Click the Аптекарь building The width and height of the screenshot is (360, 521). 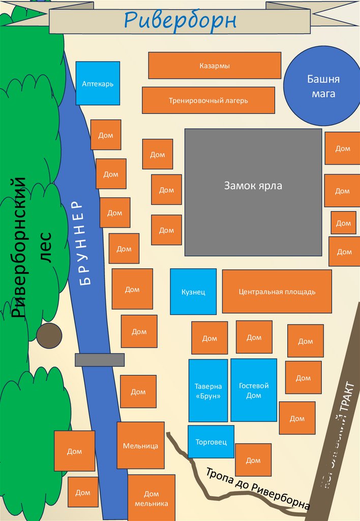coord(98,83)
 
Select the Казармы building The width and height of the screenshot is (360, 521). coord(214,66)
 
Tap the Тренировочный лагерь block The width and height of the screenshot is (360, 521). coord(208,100)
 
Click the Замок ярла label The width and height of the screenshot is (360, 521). coord(253,186)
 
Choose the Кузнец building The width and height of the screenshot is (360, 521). coord(193,292)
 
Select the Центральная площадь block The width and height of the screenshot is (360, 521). coord(277,292)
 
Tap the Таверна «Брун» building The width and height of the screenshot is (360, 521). coord(207,391)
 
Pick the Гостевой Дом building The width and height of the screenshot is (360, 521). coord(253,390)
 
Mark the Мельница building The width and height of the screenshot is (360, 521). coord(140,446)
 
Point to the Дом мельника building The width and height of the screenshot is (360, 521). coord(151,498)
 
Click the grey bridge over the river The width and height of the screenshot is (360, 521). coord(100,360)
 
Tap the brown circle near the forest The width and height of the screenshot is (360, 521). coord(49,336)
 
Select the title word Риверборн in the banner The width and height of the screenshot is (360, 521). coord(181,21)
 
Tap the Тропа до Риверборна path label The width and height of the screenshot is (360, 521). coord(257,488)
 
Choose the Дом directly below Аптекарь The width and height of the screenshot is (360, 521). coord(106,135)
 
